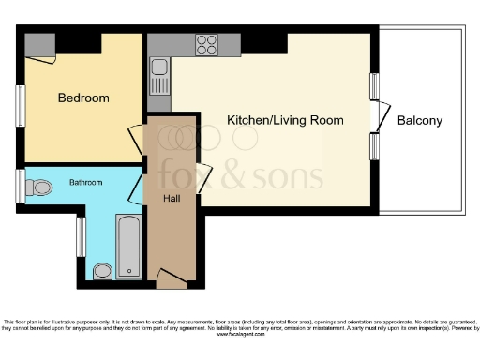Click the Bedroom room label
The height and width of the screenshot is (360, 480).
pyautogui.click(x=83, y=97)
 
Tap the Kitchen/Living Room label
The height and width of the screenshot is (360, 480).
pyautogui.click(x=285, y=120)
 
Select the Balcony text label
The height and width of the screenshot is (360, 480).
pyautogui.click(x=419, y=121)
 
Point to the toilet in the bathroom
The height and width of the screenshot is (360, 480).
pyautogui.click(x=38, y=187)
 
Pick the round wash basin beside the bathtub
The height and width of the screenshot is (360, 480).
pyautogui.click(x=103, y=271)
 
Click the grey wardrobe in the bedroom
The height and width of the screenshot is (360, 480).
pyautogui.click(x=43, y=44)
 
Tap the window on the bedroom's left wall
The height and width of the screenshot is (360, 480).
pyautogui.click(x=21, y=103)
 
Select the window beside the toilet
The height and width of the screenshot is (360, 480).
pyautogui.click(x=21, y=185)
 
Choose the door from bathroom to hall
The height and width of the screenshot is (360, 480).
pyautogui.click(x=138, y=187)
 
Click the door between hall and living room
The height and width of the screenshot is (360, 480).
pyautogui.click(x=203, y=174)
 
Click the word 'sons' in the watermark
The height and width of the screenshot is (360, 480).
pyautogui.click(x=292, y=175)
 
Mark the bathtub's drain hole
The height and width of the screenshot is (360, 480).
pyautogui.click(x=128, y=226)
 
